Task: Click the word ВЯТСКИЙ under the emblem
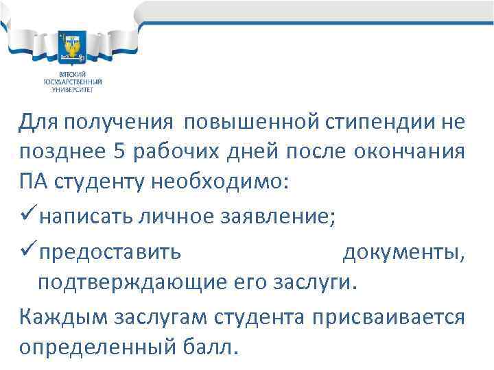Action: click(71, 73)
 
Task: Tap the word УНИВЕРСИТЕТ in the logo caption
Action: click(71, 88)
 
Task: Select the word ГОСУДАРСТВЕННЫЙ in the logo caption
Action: click(71, 80)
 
